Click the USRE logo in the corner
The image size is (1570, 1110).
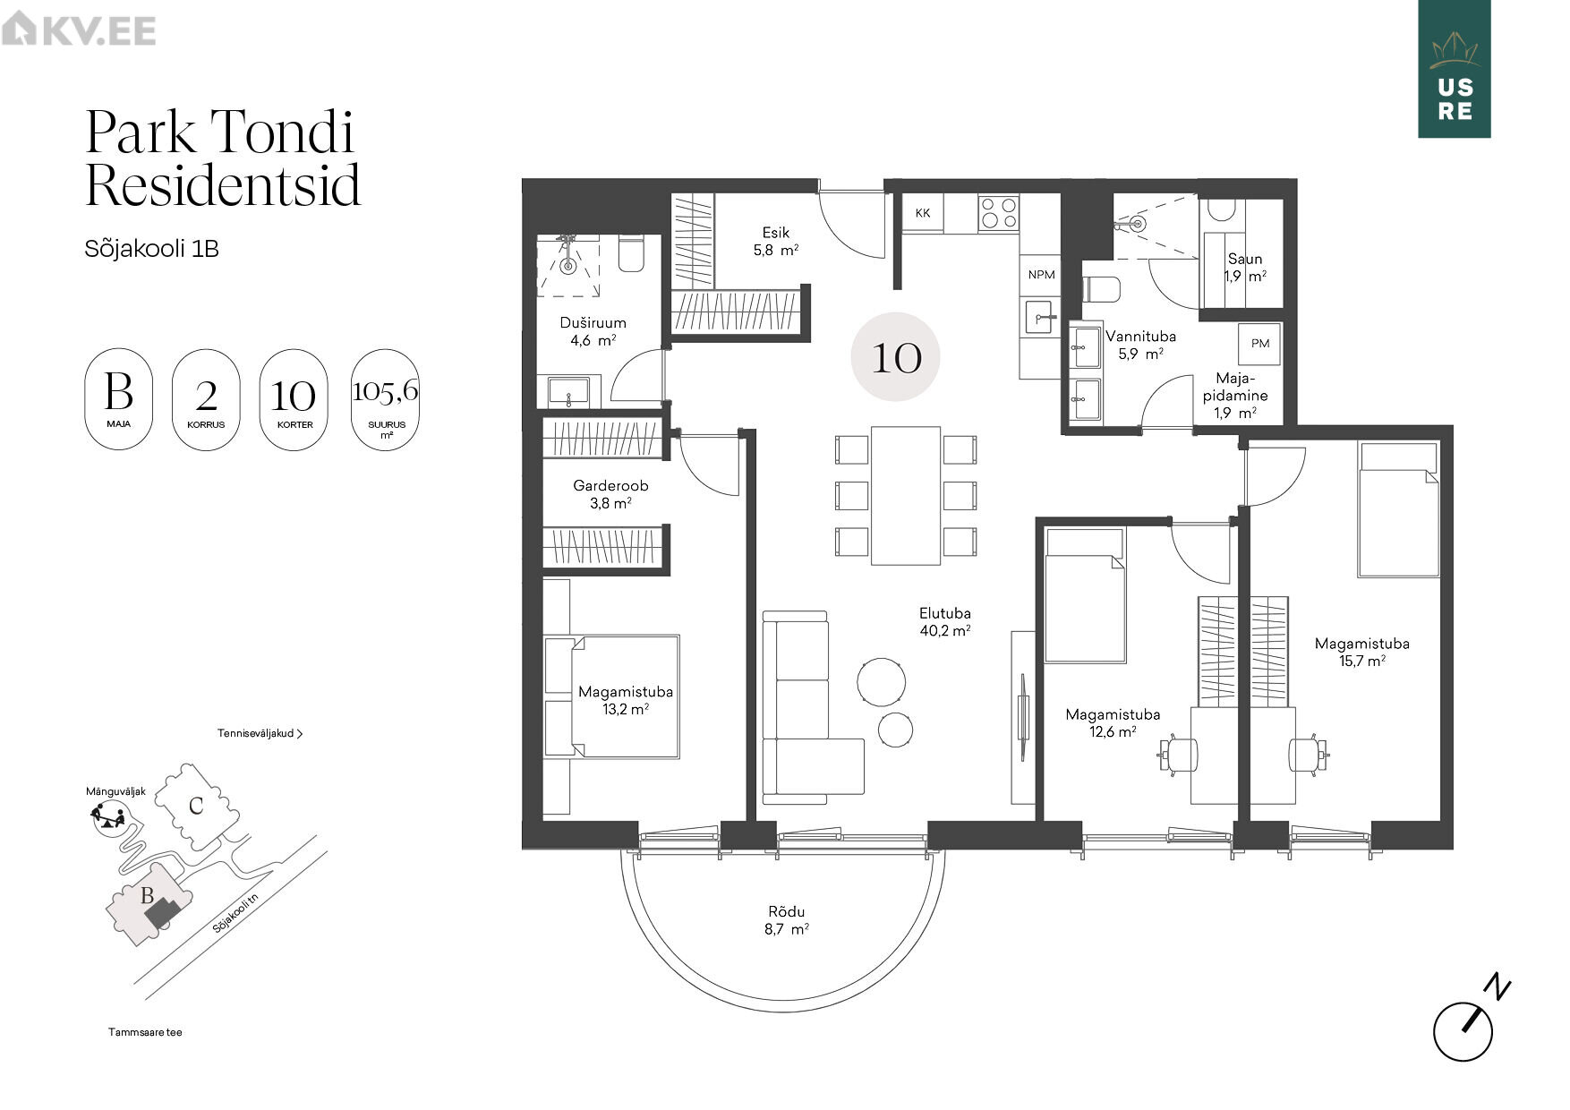coord(1454,69)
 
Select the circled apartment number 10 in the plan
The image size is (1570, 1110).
coord(895,357)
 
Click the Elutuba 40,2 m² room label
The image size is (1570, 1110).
coord(945,621)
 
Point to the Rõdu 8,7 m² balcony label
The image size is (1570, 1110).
coord(786,920)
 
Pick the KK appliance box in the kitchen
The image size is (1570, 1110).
coord(923,213)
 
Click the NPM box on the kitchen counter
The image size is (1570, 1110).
coord(1041,275)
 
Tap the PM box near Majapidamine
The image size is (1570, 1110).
coord(1260,343)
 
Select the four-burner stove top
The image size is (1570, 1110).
coord(998,213)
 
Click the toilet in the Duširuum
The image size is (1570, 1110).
coord(631,253)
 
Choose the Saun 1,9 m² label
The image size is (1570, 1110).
coord(1245,268)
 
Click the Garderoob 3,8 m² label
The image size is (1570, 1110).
coord(610,494)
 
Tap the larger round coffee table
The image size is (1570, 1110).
coord(882,681)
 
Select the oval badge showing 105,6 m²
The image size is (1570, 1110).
coord(386,399)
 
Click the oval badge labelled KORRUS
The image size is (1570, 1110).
coord(206,399)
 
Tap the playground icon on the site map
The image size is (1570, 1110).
coord(107,817)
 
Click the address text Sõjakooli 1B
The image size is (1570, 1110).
coord(152,248)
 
